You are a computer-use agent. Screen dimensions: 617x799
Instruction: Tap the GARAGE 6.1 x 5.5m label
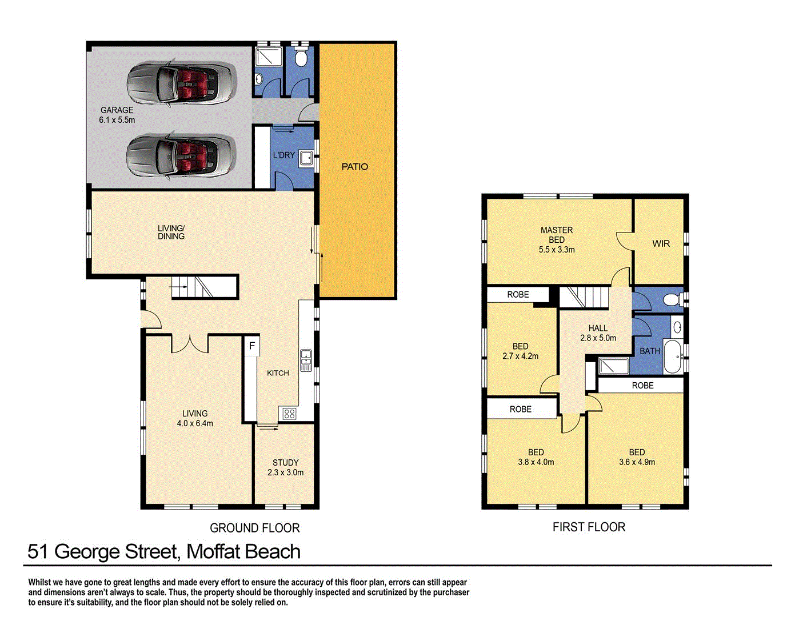117,115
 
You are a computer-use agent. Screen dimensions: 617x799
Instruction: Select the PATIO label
355,167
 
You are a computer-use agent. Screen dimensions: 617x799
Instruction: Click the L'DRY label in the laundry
284,155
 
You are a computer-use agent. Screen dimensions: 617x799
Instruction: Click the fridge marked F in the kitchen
251,346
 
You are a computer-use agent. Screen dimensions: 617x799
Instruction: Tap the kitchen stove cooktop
289,414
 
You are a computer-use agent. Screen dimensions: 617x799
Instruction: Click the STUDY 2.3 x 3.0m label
285,467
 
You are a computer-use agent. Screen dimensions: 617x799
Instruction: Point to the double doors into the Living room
190,343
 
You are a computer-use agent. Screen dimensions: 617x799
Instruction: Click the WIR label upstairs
661,243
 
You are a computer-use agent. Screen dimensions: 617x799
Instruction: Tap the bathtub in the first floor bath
672,357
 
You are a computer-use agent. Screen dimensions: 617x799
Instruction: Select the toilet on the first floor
672,299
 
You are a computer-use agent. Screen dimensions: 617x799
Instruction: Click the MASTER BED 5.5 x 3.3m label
557,240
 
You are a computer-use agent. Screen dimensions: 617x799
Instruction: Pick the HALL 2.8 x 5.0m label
598,333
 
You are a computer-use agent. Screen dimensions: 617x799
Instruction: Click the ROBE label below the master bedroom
518,295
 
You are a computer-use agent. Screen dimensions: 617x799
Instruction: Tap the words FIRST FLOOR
589,527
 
